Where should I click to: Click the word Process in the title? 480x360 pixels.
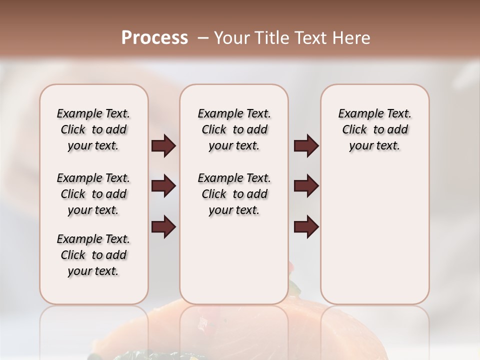154,37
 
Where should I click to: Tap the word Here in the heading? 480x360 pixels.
352,37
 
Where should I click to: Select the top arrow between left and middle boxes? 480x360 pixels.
163,146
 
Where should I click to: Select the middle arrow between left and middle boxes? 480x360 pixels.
163,186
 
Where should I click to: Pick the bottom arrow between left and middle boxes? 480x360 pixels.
163,227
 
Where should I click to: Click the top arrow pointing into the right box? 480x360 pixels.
306,146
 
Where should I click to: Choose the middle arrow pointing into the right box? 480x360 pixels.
306,186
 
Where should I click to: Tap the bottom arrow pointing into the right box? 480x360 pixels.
306,227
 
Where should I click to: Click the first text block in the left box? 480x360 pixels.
93,129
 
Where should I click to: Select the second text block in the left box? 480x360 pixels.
93,194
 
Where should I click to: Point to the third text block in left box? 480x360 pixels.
93,255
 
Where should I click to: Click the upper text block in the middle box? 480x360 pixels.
234,129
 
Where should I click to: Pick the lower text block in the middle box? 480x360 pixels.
234,194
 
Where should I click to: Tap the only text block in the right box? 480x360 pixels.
375,129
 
